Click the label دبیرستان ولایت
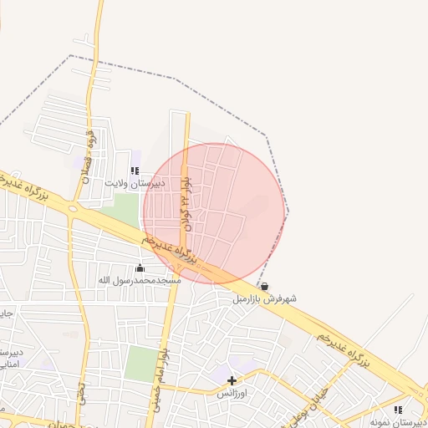coord(135,182)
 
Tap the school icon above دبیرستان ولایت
coord(135,171)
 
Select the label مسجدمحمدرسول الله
coord(140,280)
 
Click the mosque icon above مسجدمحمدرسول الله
coord(140,268)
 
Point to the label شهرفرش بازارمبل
coord(264,298)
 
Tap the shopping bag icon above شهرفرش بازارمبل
coord(264,287)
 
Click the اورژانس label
coord(232,392)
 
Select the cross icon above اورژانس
coord(232,380)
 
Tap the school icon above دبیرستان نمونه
coord(398,410)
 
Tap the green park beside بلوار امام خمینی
coord(140,364)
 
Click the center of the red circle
coord(213,213)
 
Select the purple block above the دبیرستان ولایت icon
coord(135,158)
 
